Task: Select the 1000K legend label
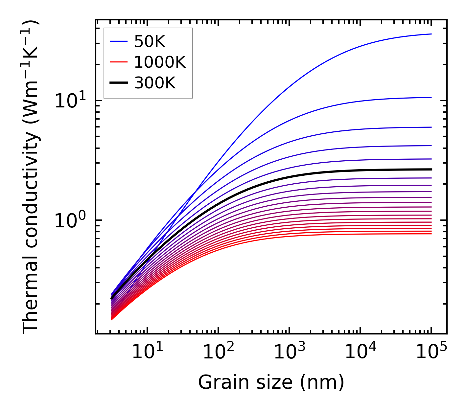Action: pos(160,62)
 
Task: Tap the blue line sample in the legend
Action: pos(118,41)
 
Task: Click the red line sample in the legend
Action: pos(118,62)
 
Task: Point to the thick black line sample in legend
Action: pos(118,83)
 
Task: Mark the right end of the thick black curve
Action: pos(431,170)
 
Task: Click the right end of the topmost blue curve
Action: pos(431,34)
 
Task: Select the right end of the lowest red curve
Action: pos(431,234)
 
